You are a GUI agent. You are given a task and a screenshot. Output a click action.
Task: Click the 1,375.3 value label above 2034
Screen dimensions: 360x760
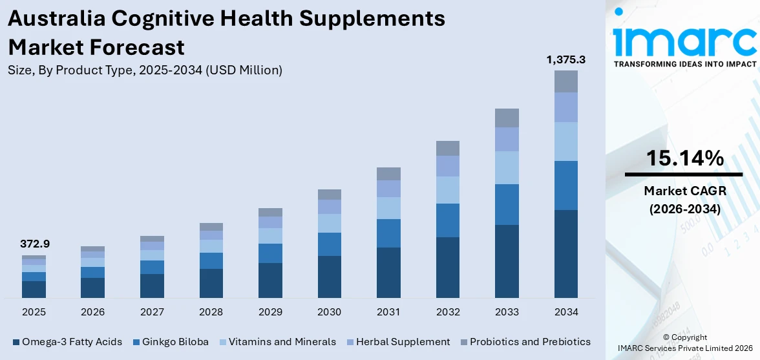pyautogui.click(x=565, y=59)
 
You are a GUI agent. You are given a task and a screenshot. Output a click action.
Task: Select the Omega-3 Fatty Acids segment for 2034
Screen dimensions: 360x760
pyautogui.click(x=565, y=253)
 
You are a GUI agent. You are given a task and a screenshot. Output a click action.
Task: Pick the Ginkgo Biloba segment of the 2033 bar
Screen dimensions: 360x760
pyautogui.click(x=507, y=204)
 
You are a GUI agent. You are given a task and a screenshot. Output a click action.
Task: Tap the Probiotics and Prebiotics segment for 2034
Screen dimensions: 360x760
pyautogui.click(x=565, y=81)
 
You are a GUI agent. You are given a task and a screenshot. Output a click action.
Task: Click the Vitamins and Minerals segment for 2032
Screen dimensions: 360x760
pyautogui.click(x=447, y=190)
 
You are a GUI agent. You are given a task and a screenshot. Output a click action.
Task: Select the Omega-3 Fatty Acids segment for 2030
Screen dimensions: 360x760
pyautogui.click(x=329, y=277)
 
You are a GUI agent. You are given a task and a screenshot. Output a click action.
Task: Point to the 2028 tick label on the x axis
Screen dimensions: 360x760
pyautogui.click(x=211, y=312)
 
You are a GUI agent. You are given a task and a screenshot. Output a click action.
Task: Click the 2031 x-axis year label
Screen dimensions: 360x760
pyautogui.click(x=388, y=312)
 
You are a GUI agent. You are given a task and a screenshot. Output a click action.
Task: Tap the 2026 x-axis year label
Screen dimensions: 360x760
pyautogui.click(x=92, y=312)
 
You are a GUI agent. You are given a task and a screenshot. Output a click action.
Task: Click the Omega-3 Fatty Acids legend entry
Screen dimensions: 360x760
pyautogui.click(x=67, y=341)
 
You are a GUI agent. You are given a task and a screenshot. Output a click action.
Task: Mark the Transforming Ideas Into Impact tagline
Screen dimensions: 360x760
pyautogui.click(x=684, y=64)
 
